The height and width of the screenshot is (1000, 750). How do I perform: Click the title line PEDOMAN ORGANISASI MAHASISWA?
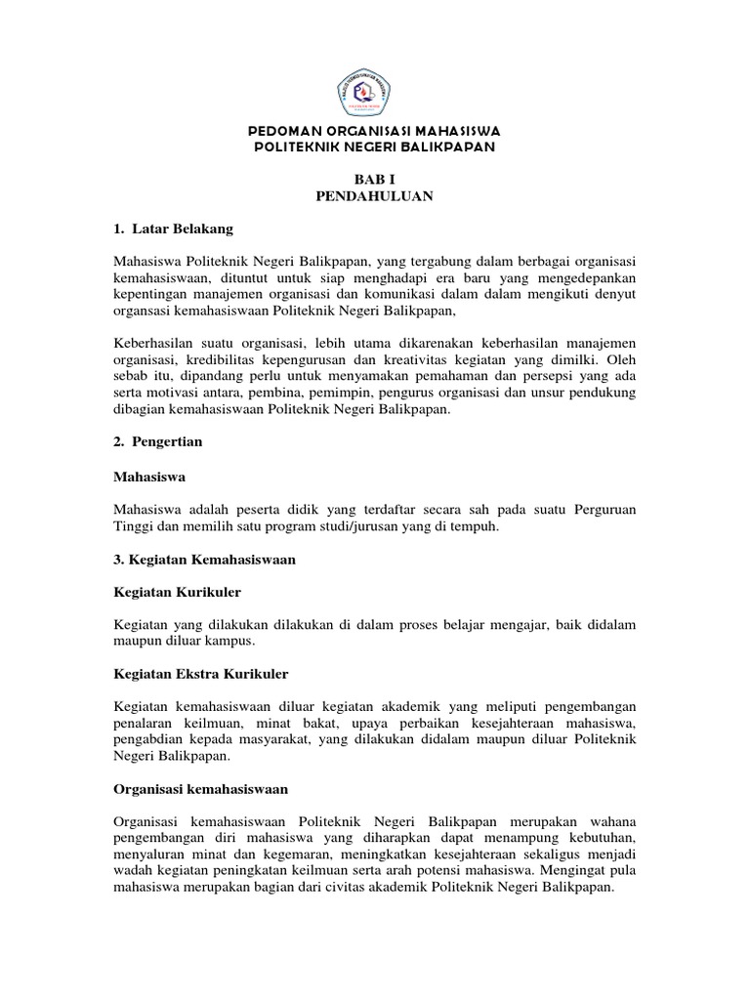[374, 130]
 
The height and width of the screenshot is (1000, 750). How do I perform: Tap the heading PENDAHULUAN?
[374, 196]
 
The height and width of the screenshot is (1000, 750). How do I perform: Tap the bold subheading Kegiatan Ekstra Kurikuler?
[201, 675]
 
